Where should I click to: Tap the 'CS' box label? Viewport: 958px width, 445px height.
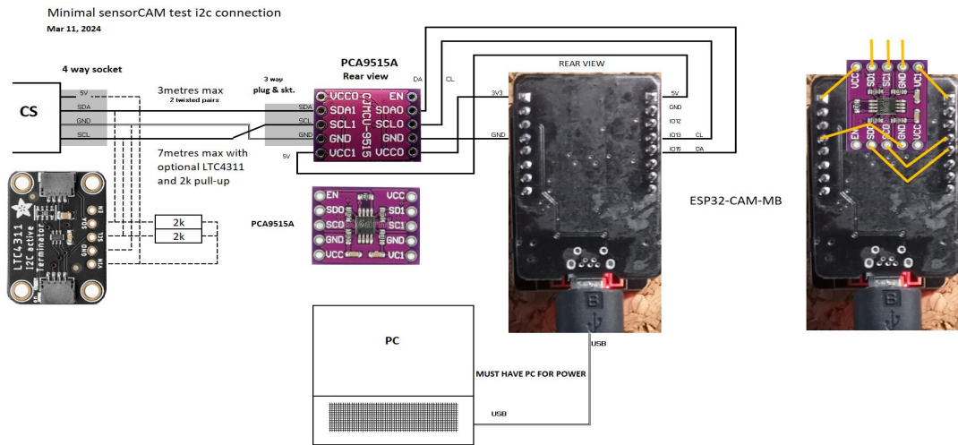pos(30,114)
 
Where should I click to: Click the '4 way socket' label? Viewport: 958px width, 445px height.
pos(91,69)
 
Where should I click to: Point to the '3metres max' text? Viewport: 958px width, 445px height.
pos(191,91)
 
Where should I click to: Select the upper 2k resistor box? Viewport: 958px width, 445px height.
pos(178,222)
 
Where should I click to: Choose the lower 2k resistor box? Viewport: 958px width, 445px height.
pos(178,236)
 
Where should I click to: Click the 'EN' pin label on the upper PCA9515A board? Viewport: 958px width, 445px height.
pos(395,95)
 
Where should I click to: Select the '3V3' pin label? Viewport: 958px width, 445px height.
pos(497,92)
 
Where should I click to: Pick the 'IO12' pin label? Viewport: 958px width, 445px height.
pos(675,121)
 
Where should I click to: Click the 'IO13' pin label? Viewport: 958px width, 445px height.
pos(675,135)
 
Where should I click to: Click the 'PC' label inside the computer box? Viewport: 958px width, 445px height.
pos(392,342)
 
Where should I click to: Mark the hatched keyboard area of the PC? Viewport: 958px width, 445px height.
pos(392,418)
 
